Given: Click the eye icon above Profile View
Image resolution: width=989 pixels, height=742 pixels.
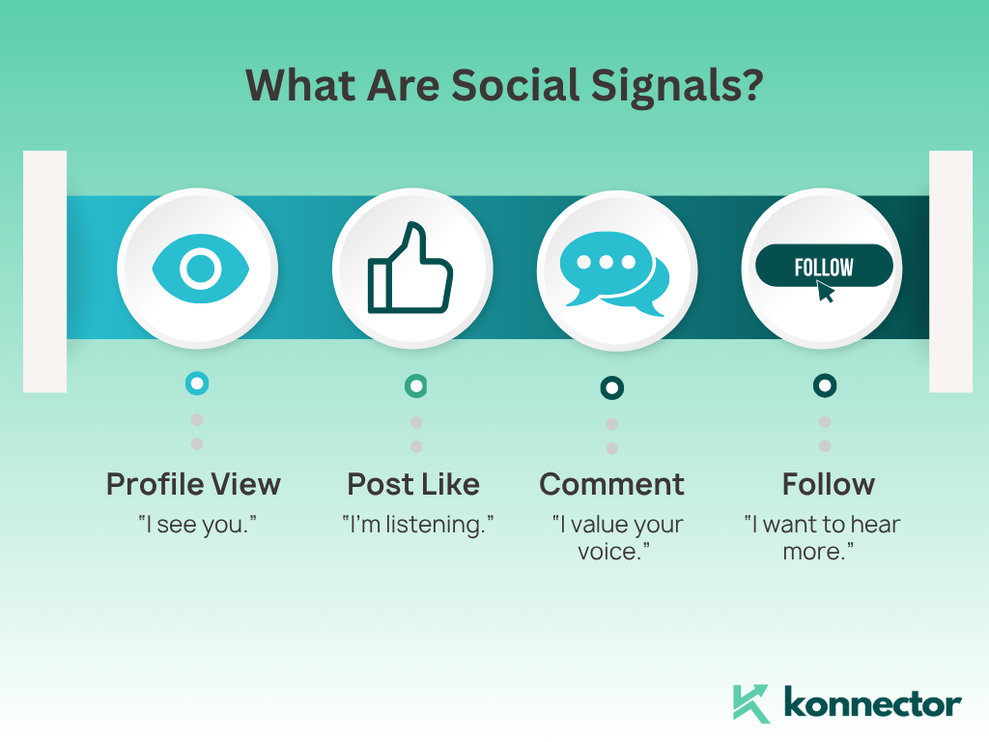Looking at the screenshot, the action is pos(201,269).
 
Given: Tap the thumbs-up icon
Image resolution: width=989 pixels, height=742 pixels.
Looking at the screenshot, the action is pos(410,268).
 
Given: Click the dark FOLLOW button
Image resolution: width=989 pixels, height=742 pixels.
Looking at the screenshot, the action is pos(824,266).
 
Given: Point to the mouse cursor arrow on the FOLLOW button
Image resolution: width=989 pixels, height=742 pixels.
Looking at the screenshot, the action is pos(825,292).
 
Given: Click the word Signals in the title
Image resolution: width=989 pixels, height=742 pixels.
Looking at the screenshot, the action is pos(677,86).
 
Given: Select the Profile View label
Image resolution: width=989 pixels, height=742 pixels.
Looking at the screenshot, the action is pos(193,485).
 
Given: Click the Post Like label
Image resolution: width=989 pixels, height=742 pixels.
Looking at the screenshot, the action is pos(413,485).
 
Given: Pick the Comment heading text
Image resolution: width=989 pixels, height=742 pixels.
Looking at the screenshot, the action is pos(611,485).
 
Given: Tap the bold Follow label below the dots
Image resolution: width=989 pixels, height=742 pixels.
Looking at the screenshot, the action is pos(828,485).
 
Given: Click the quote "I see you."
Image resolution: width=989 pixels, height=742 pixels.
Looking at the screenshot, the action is pos(197,525).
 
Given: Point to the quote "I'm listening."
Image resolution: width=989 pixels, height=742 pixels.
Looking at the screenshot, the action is pos(417,525).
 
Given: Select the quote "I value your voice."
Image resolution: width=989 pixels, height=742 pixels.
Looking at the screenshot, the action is pos(617,538).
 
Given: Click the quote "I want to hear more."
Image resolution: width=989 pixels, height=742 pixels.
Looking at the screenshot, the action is pos(822,538).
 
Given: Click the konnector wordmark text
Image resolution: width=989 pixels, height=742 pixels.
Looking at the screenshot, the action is pos(873,703).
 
